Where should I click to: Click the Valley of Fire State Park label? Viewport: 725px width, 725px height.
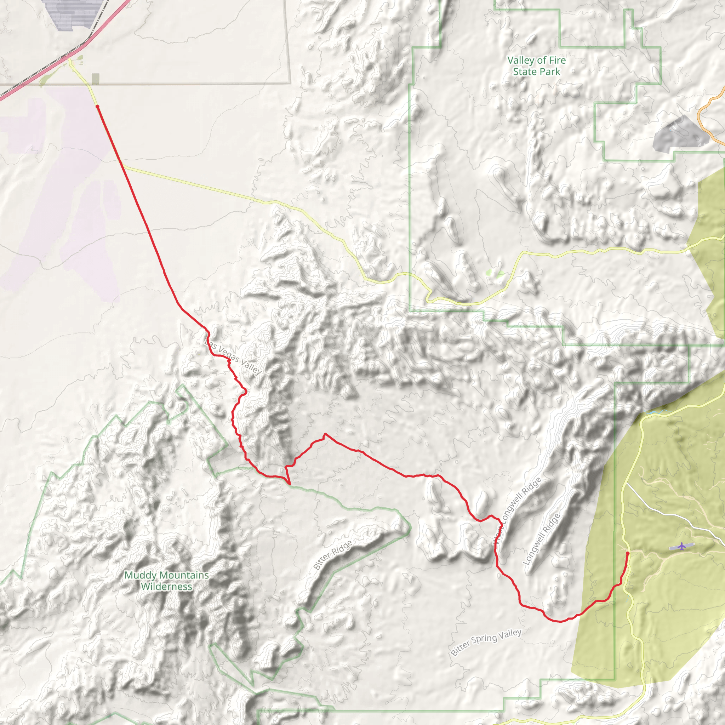point(536,66)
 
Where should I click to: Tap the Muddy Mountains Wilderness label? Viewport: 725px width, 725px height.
point(167,581)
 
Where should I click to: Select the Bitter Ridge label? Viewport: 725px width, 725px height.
point(333,555)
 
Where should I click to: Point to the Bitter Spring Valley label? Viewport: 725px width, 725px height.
point(486,643)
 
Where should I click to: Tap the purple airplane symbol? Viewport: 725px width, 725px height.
point(681,546)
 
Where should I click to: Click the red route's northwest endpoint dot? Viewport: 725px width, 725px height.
point(98,107)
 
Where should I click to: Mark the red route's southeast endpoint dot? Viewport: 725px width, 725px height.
point(628,553)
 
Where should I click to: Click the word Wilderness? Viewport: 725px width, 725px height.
point(167,586)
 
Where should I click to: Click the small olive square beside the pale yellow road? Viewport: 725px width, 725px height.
point(96,79)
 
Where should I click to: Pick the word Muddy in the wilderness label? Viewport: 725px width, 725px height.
point(140,575)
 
